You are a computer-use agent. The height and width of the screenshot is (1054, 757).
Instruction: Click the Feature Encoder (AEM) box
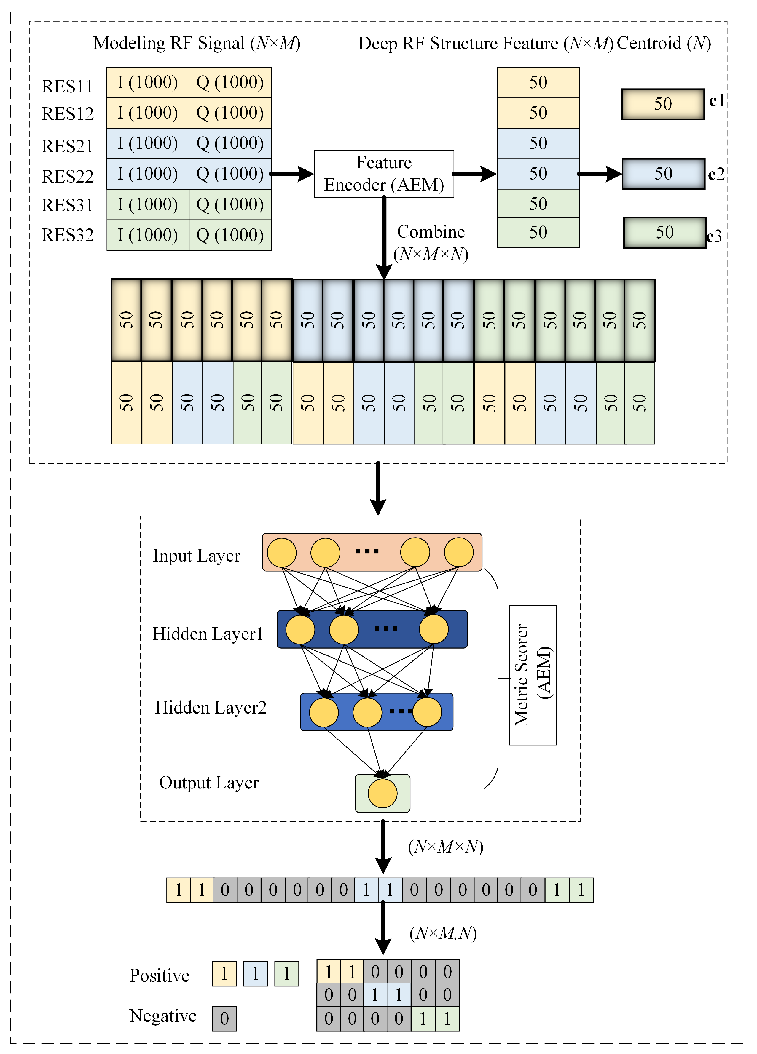click(x=384, y=174)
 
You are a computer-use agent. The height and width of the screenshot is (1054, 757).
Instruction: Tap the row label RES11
click(x=67, y=87)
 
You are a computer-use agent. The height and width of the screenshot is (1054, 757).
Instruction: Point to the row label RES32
click(x=67, y=235)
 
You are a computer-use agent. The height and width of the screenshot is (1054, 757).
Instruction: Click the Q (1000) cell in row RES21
click(x=230, y=143)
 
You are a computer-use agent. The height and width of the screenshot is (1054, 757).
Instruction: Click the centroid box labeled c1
click(x=663, y=104)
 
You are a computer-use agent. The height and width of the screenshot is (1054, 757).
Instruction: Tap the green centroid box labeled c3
click(x=664, y=232)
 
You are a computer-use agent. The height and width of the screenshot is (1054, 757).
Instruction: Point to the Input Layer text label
click(x=196, y=556)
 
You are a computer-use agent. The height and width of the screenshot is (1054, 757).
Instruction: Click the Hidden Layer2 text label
click(x=210, y=708)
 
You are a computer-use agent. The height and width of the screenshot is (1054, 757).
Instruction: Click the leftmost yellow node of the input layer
click(x=281, y=553)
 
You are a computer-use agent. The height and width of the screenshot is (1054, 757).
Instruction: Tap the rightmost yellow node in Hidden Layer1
click(x=434, y=629)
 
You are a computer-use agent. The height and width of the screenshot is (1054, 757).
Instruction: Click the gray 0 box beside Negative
click(x=224, y=1019)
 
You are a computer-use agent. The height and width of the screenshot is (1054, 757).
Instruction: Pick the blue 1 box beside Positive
click(x=255, y=974)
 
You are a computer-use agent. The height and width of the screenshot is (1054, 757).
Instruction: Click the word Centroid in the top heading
click(x=649, y=43)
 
